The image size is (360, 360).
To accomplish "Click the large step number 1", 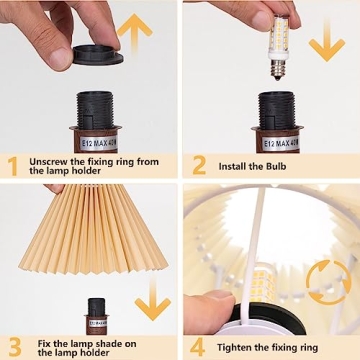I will (x=13, y=165).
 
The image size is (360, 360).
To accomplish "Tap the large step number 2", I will (x=198, y=165).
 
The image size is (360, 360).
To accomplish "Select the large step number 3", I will (x=13, y=345).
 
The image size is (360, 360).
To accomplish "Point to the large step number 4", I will (x=198, y=345).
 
